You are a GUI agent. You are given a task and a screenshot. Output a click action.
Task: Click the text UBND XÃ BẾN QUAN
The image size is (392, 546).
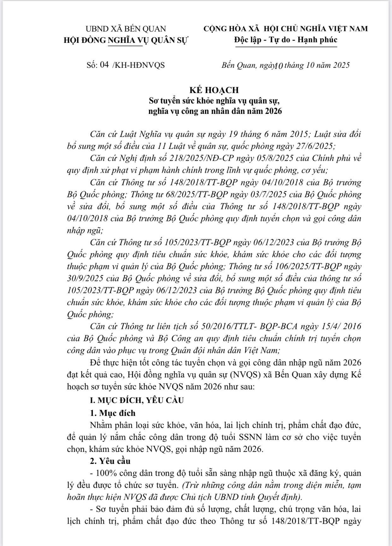(126, 29)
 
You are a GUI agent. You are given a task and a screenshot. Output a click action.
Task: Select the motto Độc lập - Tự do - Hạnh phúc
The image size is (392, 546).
(286, 40)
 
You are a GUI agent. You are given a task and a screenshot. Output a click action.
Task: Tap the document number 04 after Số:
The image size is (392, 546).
(104, 65)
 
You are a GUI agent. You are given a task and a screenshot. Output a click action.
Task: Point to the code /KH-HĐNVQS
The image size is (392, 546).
(138, 65)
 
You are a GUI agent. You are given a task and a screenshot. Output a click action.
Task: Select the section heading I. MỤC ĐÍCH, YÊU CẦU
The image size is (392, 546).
(137, 400)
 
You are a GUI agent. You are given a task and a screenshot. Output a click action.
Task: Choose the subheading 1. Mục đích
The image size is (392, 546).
(112, 413)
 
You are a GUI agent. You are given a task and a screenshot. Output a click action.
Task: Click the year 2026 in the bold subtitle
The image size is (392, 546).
(273, 111)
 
